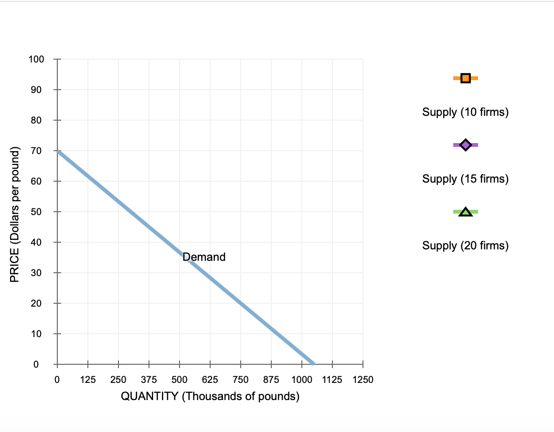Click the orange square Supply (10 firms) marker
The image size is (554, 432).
466,78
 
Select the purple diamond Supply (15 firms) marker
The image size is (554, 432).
466,144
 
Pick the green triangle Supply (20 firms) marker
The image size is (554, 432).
466,212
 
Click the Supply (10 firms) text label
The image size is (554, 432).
465,113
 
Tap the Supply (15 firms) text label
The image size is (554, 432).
465,179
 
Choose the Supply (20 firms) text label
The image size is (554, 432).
465,246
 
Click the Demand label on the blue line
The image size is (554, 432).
204,257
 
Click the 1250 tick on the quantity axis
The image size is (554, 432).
362,380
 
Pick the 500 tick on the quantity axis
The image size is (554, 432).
180,380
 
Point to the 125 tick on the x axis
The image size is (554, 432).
88,380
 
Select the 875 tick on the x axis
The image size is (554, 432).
271,380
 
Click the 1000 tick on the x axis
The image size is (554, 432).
302,380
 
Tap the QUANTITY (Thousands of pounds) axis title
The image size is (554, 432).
210,397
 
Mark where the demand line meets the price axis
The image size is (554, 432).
58,151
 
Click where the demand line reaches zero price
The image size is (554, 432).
313,364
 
